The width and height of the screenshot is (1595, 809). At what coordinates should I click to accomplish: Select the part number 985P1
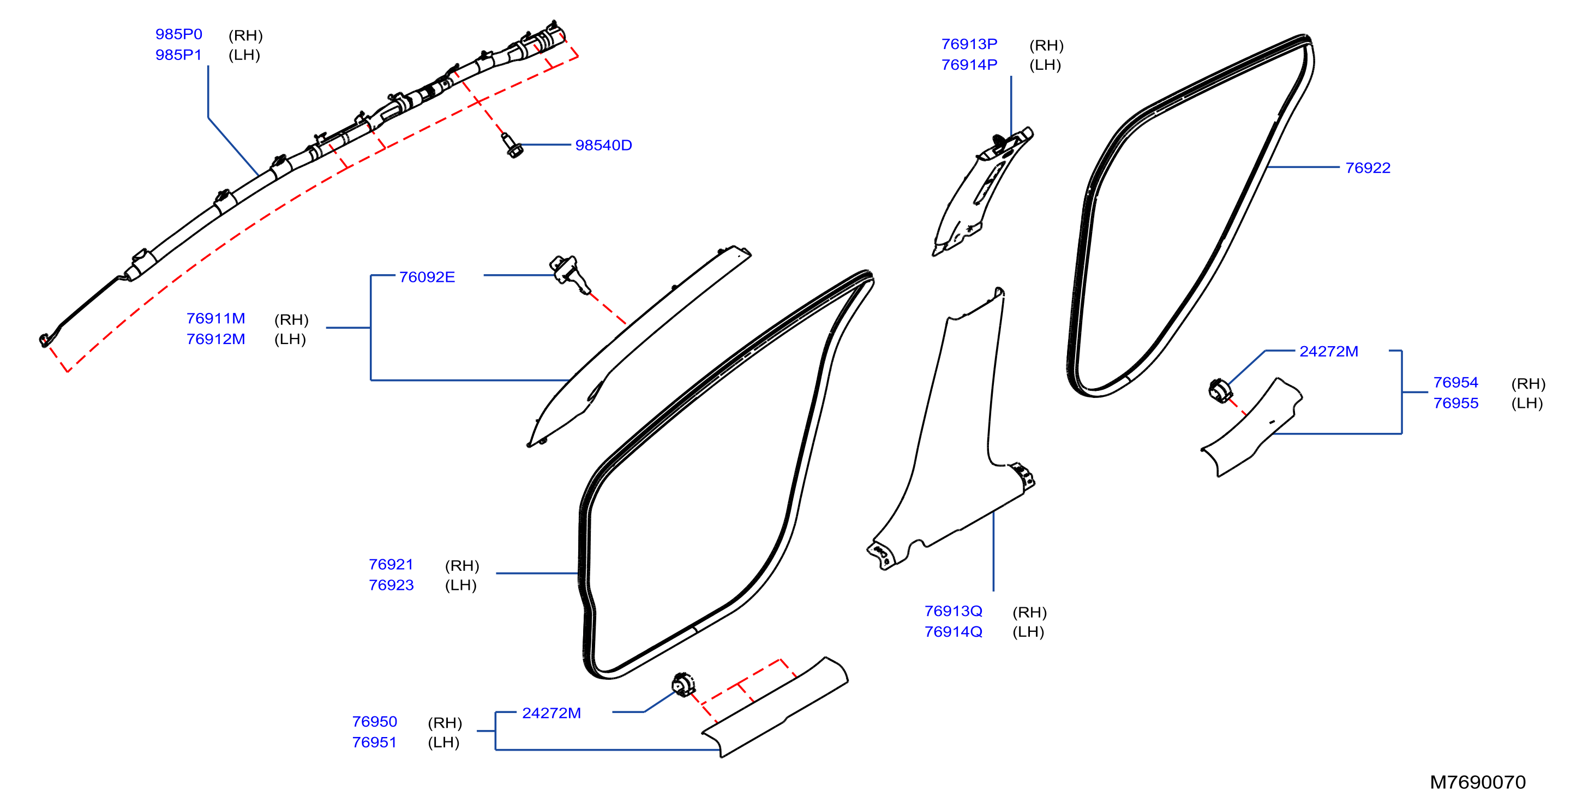pyautogui.click(x=178, y=55)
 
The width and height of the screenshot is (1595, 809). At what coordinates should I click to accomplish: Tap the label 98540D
pyautogui.click(x=603, y=145)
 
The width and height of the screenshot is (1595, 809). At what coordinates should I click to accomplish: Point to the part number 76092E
pyautogui.click(x=427, y=277)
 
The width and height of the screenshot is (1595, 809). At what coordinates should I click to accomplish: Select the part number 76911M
pyautogui.click(x=215, y=318)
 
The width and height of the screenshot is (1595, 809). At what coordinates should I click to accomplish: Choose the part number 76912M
pyautogui.click(x=215, y=339)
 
